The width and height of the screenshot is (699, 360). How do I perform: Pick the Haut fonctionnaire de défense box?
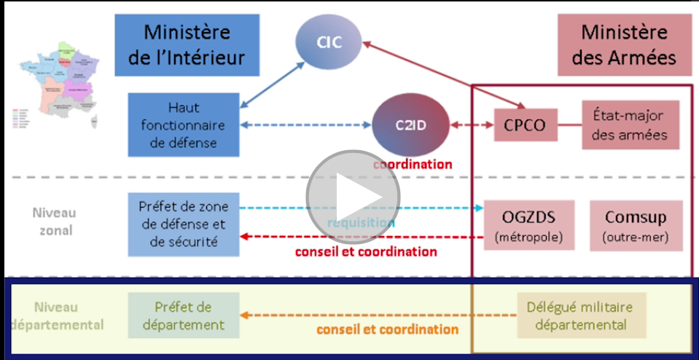[183, 124]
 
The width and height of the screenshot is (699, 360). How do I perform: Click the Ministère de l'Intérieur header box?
[187, 44]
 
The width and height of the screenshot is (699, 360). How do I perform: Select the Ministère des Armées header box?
[624, 44]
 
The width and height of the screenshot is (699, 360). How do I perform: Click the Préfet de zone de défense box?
[183, 224]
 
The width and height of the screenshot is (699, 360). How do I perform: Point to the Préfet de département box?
[183, 316]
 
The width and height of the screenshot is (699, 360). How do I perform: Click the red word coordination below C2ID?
[413, 164]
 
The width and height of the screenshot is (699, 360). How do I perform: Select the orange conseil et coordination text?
[387, 329]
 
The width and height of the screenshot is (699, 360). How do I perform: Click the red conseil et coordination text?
[366, 252]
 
